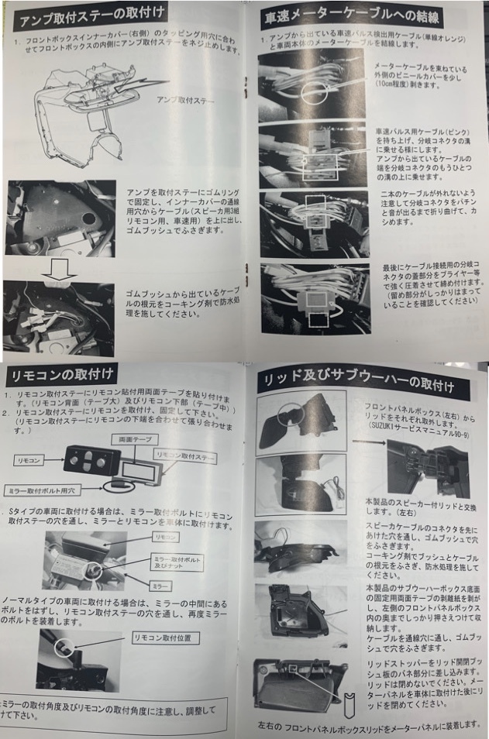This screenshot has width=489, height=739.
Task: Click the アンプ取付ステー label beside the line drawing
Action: [185, 100]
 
